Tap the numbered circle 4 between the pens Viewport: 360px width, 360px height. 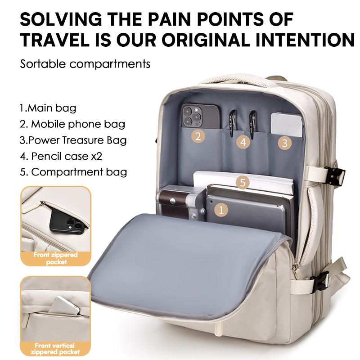pyautogui.click(x=243, y=142)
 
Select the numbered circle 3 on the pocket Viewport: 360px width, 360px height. pyautogui.click(x=285, y=143)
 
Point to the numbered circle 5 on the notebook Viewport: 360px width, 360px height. pyautogui.click(x=243, y=183)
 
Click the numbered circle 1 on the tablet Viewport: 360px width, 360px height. pyautogui.click(x=221, y=210)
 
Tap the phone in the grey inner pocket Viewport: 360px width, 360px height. pyautogui.click(x=200, y=116)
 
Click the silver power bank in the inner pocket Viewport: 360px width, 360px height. pyautogui.click(x=287, y=124)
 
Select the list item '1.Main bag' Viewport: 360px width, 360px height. pyautogui.click(x=48, y=108)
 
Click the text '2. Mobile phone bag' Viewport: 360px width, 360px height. pyautogui.click(x=72, y=124)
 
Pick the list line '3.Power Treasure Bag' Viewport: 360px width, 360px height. pyautogui.click(x=73, y=140)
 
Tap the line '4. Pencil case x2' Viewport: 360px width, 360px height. pyautogui.click(x=61, y=156)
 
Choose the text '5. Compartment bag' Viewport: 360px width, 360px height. pyautogui.click(x=73, y=172)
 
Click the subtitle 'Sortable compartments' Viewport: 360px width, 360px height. pyautogui.click(x=85, y=64)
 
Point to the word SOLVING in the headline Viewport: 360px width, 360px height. pyautogui.click(x=61, y=19)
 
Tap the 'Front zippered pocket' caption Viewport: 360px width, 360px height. pyautogui.click(x=56, y=258)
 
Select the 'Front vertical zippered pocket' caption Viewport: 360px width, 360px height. pyautogui.click(x=55, y=349)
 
